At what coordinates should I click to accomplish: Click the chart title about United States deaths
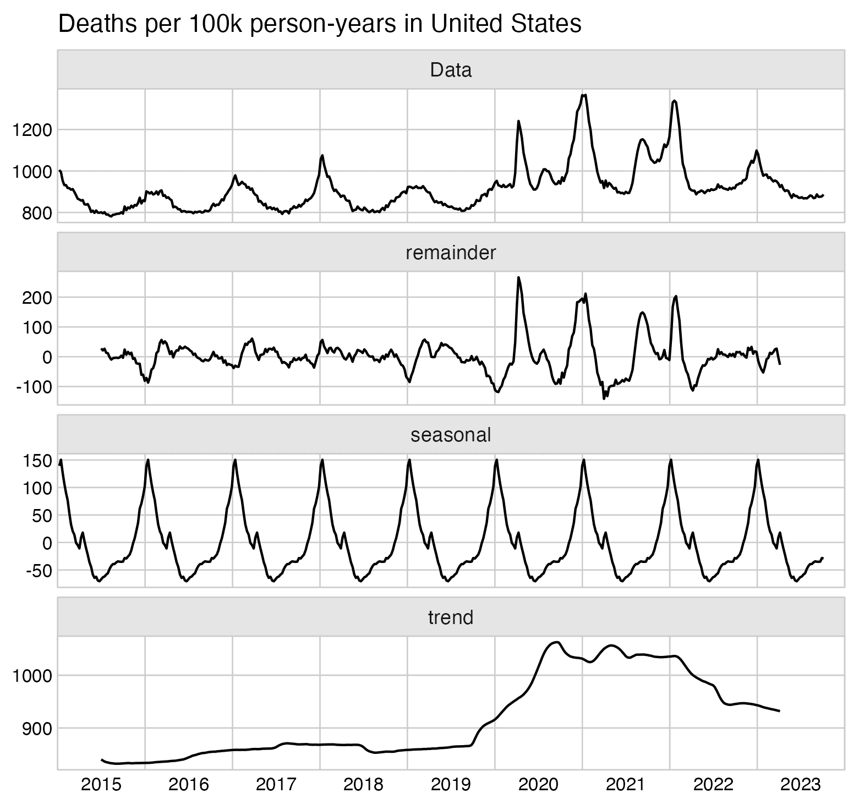coord(319,24)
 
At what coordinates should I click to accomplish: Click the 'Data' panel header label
coord(451,70)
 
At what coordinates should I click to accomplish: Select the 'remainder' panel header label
coord(451,253)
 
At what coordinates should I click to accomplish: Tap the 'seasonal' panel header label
coord(451,435)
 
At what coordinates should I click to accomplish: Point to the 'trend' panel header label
coord(451,617)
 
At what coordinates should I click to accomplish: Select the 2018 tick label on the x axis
coord(363,784)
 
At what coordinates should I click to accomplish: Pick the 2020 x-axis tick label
coord(538,784)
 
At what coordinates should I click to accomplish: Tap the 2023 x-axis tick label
coord(801,784)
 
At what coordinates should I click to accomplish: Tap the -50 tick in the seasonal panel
coord(37,570)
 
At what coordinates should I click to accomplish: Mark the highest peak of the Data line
coord(584,95)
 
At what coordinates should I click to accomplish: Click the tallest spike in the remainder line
coord(518,277)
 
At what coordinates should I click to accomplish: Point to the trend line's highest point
coord(558,642)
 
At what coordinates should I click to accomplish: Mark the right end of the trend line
coord(780,711)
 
